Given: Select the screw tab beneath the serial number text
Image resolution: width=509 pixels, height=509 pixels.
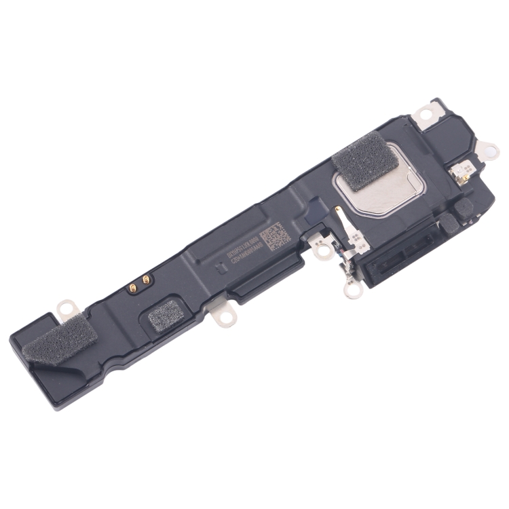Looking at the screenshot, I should (218, 313).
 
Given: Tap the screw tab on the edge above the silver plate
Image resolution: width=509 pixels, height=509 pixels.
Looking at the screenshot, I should (427, 113).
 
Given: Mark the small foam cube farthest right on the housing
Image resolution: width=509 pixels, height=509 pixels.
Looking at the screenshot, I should (464, 209).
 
